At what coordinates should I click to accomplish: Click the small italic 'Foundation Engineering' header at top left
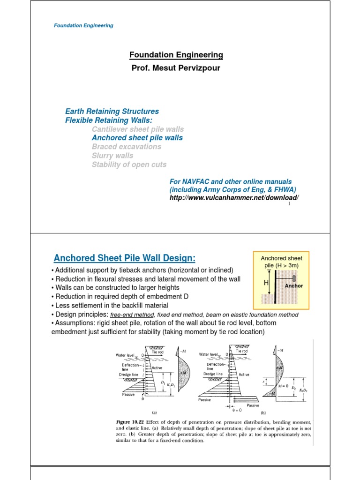pyautogui.click(x=84, y=25)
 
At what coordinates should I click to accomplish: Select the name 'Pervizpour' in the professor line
pyautogui.click(x=195, y=68)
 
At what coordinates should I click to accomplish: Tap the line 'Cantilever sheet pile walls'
pyautogui.click(x=138, y=129)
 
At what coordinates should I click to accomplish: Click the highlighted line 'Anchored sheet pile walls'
pyautogui.click(x=137, y=138)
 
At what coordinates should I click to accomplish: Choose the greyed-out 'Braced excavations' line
pyautogui.click(x=126, y=147)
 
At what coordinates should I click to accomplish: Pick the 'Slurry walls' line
pyautogui.click(x=112, y=156)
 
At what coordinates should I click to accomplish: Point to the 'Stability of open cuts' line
pyautogui.click(x=129, y=165)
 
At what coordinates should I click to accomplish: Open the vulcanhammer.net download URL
pyautogui.click(x=234, y=198)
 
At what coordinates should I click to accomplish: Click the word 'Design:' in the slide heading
pyautogui.click(x=179, y=258)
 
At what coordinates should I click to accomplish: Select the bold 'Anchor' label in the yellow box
pyautogui.click(x=294, y=286)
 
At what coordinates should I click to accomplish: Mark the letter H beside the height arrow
pyautogui.click(x=266, y=283)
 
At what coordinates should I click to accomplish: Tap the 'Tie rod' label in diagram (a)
pyautogui.click(x=157, y=351)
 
